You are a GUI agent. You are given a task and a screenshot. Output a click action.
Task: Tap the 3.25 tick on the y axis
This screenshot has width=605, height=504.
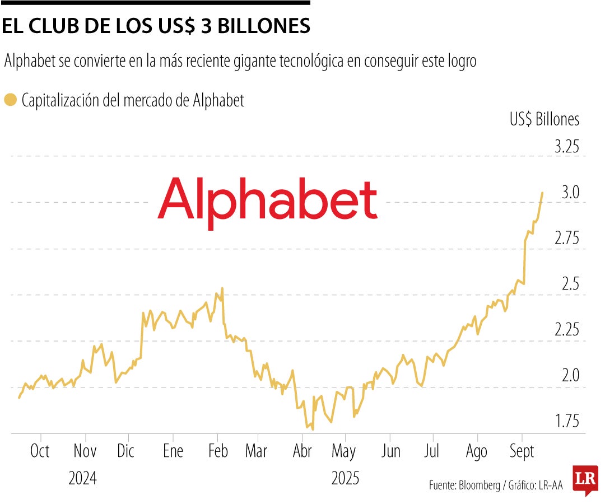[566, 148]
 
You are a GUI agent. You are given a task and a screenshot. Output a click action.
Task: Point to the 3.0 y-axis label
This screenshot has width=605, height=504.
[570, 193]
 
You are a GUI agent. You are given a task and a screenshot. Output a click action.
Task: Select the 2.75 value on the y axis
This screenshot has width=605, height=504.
[566, 239]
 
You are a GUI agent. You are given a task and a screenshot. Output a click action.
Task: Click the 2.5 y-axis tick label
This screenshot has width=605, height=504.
[570, 284]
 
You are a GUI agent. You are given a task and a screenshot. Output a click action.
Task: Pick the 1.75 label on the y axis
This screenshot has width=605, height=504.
[566, 421]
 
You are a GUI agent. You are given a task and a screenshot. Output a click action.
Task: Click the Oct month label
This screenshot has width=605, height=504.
[40, 451]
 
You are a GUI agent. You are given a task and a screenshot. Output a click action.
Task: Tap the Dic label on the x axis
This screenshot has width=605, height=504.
[126, 451]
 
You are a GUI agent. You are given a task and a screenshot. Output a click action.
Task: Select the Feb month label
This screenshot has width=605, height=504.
[217, 451]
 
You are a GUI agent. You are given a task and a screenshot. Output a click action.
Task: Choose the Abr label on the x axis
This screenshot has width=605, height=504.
[302, 451]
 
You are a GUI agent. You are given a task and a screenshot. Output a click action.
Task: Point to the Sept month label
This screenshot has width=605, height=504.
[522, 451]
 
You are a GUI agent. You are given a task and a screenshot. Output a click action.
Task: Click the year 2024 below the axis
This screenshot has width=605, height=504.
[83, 479]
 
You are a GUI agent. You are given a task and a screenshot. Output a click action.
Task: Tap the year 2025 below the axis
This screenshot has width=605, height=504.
[345, 479]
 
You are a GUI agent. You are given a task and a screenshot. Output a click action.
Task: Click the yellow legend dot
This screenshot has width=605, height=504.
[10, 101]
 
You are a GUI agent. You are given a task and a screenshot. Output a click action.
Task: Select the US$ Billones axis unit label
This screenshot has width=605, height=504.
[544, 119]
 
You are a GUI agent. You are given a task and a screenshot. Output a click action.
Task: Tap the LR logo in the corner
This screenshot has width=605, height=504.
[585, 479]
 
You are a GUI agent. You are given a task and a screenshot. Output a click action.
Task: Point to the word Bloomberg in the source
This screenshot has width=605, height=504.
[480, 486]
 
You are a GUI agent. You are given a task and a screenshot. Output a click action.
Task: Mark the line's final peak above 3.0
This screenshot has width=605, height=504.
[542, 193]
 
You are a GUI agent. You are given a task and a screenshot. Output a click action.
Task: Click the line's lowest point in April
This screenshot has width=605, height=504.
[312, 430]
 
